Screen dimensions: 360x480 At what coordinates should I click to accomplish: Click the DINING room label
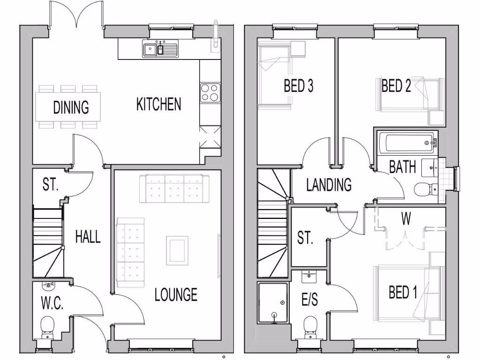coord(71,107)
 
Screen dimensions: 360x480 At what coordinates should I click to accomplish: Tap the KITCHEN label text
coord(158,104)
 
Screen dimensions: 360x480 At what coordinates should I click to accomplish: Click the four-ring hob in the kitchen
coord(210,92)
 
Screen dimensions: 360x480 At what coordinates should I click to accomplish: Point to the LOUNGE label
coord(176,295)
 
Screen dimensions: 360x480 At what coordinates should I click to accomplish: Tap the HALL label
coord(88,237)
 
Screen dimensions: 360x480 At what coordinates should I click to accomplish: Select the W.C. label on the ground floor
coord(52,303)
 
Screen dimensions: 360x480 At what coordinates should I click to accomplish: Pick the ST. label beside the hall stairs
coord(51,185)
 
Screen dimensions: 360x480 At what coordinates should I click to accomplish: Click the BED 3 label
coord(298,86)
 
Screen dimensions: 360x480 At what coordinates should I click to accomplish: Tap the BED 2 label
coord(396,86)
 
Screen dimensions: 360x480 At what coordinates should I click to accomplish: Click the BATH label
coord(403,167)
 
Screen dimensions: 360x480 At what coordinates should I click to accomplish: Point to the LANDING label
coord(329,185)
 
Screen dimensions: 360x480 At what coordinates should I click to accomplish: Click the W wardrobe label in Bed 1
coord(406,219)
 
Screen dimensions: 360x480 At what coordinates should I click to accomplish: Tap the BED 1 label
coord(403,293)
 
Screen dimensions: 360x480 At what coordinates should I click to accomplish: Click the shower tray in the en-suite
coord(273,302)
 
